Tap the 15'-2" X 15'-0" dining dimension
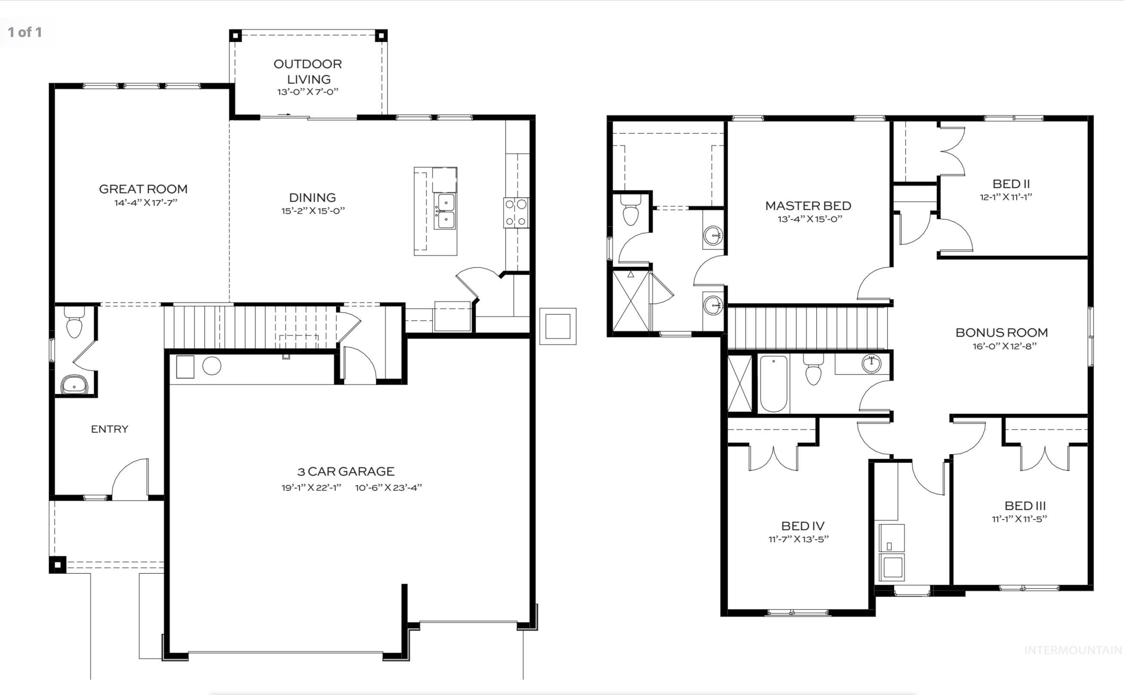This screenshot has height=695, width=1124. pos(313,211)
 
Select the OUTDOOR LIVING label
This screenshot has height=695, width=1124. pos(307,71)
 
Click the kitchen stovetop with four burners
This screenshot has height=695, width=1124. pos(516,212)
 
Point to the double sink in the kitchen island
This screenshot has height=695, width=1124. pos(445,211)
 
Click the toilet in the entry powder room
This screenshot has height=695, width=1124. pos(74,323)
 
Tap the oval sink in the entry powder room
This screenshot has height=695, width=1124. pos(74,384)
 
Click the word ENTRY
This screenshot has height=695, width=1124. pos(109,429)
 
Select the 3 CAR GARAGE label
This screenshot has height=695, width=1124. pos(346,471)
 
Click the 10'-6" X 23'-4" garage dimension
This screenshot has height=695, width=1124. pos(388,488)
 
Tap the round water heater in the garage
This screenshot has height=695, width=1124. pos(212,366)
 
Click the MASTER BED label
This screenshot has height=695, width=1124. pos(808,205)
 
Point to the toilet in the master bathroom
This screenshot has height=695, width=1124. pos(630,211)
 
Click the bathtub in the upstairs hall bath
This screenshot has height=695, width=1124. pos(773,383)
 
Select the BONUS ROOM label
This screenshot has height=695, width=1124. pos(1001,332)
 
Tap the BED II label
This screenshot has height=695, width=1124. pos(1011,184)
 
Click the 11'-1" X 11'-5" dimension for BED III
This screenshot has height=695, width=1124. pos(1019,519)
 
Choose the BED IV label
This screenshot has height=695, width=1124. pos(803,526)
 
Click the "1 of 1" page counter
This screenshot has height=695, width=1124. pos(25,32)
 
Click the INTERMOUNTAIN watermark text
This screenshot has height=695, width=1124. pos(1072,650)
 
